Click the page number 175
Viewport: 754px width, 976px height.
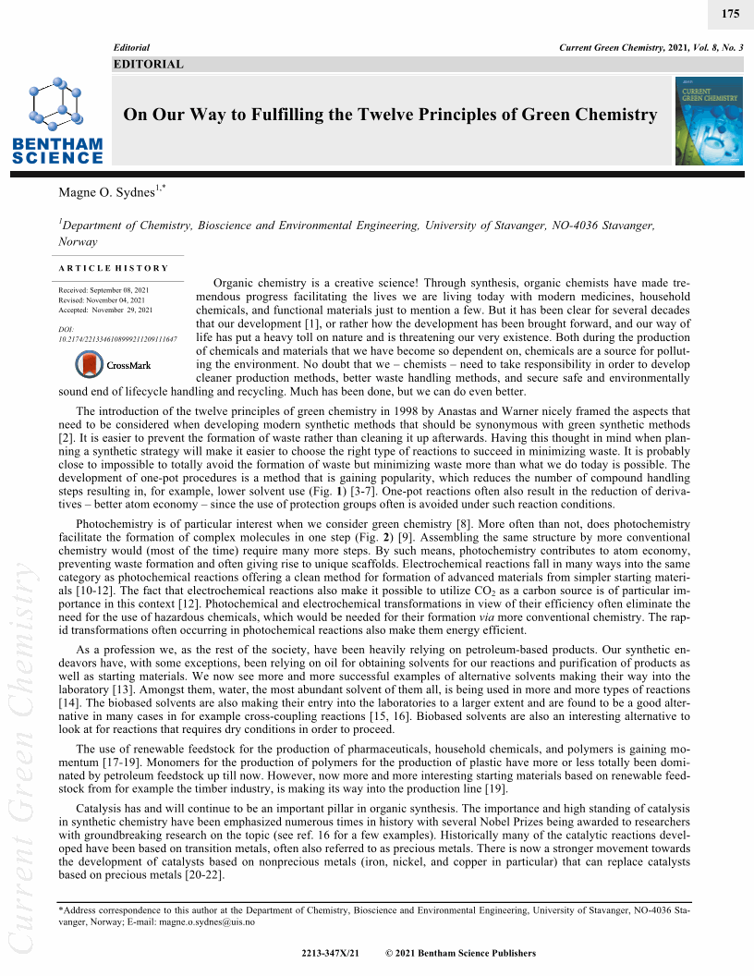pyautogui.click(x=730, y=13)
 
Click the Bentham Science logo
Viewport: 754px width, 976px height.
pyautogui.click(x=57, y=121)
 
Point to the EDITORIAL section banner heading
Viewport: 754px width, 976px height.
pyautogui.click(x=148, y=65)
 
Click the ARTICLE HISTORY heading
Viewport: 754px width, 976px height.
pyautogui.click(x=113, y=268)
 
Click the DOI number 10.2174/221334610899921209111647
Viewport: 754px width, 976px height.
pyautogui.click(x=117, y=339)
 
